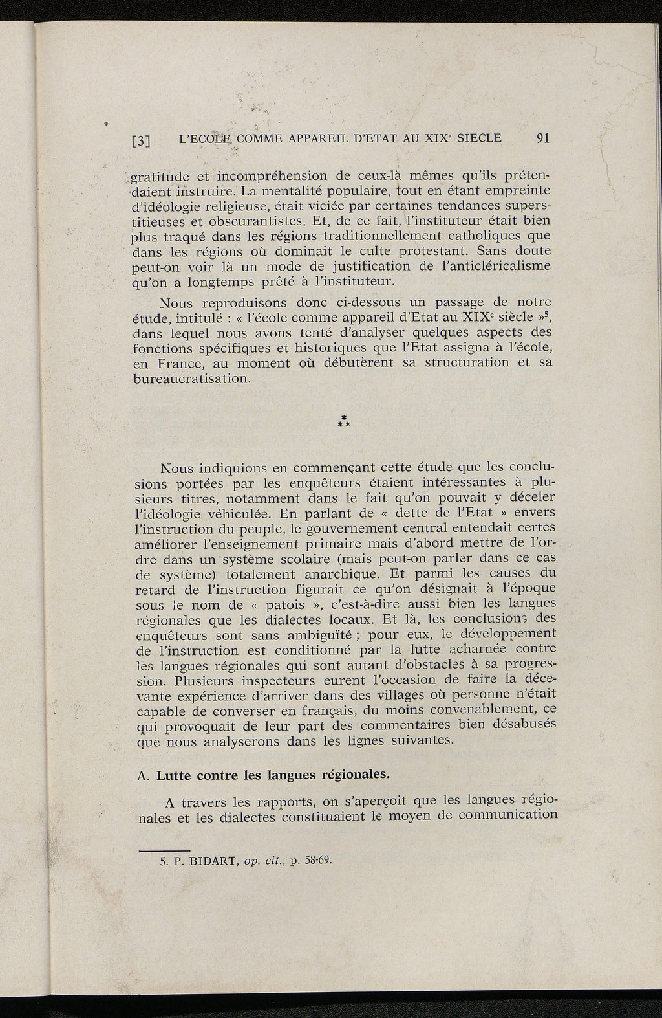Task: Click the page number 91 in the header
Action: tap(542, 138)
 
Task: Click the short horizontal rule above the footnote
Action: tap(165, 849)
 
